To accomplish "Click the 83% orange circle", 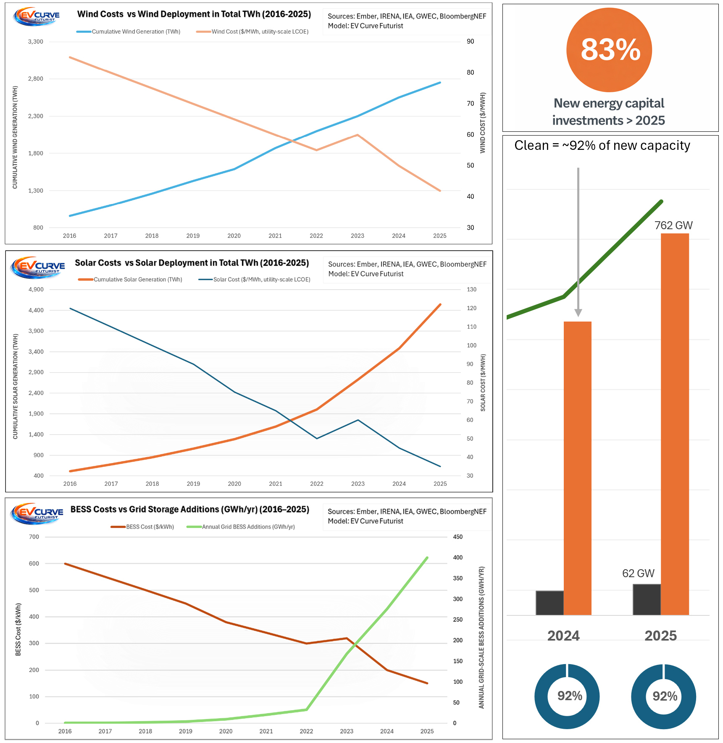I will tap(609, 50).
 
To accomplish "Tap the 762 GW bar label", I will tap(673, 225).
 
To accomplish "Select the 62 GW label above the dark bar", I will tap(638, 573).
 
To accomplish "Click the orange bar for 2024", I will tap(577, 468).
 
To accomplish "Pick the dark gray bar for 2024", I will tap(549, 603).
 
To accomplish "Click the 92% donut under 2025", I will tap(663, 696).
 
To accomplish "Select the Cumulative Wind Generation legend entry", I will tap(129, 32).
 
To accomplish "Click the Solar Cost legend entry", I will tap(255, 280).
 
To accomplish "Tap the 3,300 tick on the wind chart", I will tap(36, 42).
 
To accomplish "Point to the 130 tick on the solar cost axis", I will tap(471, 290).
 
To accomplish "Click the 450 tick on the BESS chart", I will tap(457, 537).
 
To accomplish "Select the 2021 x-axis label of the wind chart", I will tap(275, 236).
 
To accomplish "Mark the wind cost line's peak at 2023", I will tap(357, 135).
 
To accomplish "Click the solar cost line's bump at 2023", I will tap(358, 420).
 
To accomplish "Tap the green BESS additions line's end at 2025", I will tap(427, 558).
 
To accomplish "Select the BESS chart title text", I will tap(190, 510).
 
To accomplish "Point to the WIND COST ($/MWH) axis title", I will tap(483, 123).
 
